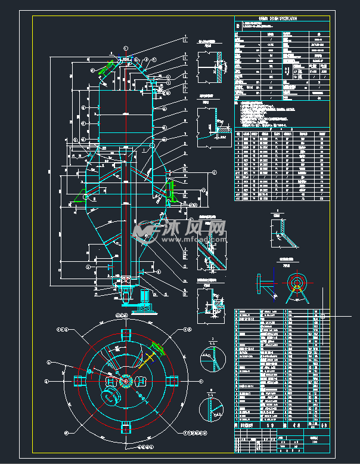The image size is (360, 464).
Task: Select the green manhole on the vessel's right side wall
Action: (170, 191)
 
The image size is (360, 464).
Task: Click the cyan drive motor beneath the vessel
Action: (143, 298)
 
